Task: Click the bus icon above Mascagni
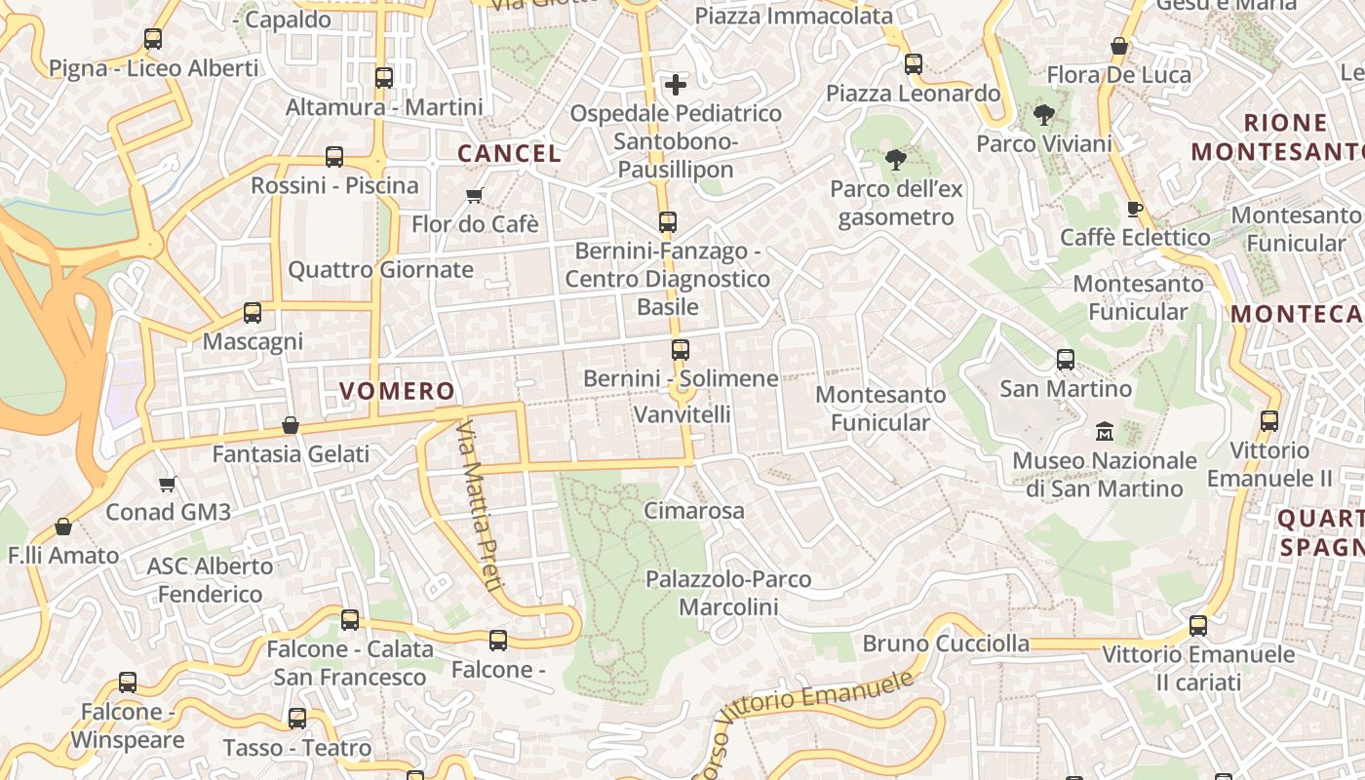253,313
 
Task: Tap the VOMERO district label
397,391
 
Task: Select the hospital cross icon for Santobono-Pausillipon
676,85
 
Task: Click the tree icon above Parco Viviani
1044,115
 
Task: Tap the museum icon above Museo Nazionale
1105,431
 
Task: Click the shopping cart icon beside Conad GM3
168,484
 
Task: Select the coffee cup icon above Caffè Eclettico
1134,209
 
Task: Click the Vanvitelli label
682,414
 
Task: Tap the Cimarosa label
694,510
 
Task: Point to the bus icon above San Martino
1066,360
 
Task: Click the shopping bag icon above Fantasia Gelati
291,425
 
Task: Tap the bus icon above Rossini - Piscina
334,157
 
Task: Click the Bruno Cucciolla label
946,643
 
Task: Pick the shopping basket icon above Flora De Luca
1119,46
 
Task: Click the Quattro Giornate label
380,270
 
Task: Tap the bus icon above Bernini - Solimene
681,349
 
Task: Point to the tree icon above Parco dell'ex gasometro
895,160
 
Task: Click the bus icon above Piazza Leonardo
914,64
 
